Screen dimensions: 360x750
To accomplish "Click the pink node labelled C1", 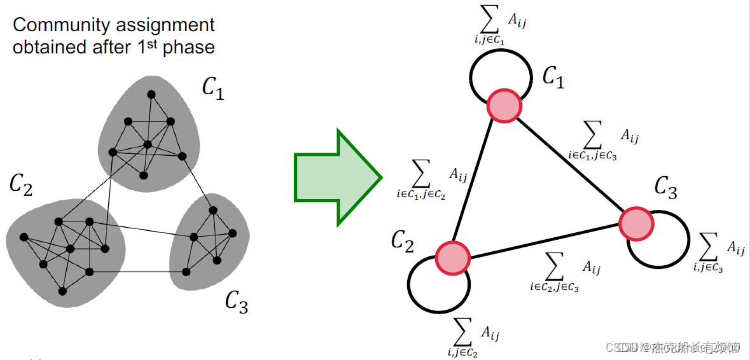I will point(504,106).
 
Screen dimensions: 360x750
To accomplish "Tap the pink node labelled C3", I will point(636,223).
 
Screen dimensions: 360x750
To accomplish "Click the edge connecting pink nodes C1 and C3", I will point(571,165).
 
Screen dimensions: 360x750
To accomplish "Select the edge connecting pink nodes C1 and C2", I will point(479,181).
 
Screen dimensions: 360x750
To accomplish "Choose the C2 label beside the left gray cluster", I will point(21,185).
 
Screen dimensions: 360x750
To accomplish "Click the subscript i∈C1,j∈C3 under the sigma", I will point(593,154).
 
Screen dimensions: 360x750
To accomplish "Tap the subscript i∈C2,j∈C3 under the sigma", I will point(553,287).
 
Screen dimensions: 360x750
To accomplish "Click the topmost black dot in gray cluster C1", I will point(151,95).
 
